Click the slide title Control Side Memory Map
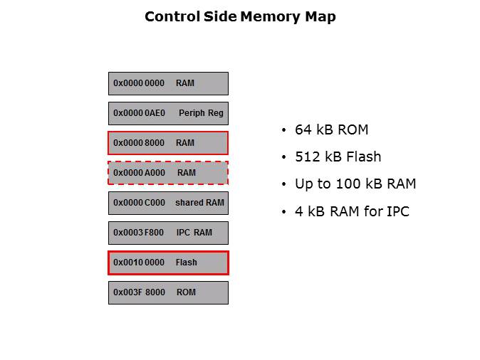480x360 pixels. [x=240, y=16]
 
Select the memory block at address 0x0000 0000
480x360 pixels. [x=168, y=83]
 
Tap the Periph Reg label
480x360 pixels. [x=202, y=113]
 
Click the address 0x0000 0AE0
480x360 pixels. [x=139, y=113]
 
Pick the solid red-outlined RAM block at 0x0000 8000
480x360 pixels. [x=168, y=143]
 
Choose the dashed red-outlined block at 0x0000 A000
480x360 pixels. [x=168, y=173]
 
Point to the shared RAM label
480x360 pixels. [x=199, y=203]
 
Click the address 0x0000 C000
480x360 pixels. [x=139, y=203]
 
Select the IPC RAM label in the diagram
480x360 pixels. [x=194, y=233]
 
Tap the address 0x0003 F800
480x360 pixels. [x=139, y=233]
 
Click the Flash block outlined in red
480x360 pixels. [x=168, y=263]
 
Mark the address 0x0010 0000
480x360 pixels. [x=139, y=263]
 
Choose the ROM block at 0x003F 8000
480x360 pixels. [x=168, y=292]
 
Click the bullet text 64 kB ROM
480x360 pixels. [x=331, y=130]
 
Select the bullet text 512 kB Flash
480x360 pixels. [x=338, y=157]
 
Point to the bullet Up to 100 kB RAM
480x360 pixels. [x=355, y=184]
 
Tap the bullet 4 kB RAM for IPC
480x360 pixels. [x=352, y=211]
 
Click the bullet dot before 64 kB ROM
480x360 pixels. [x=284, y=131]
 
